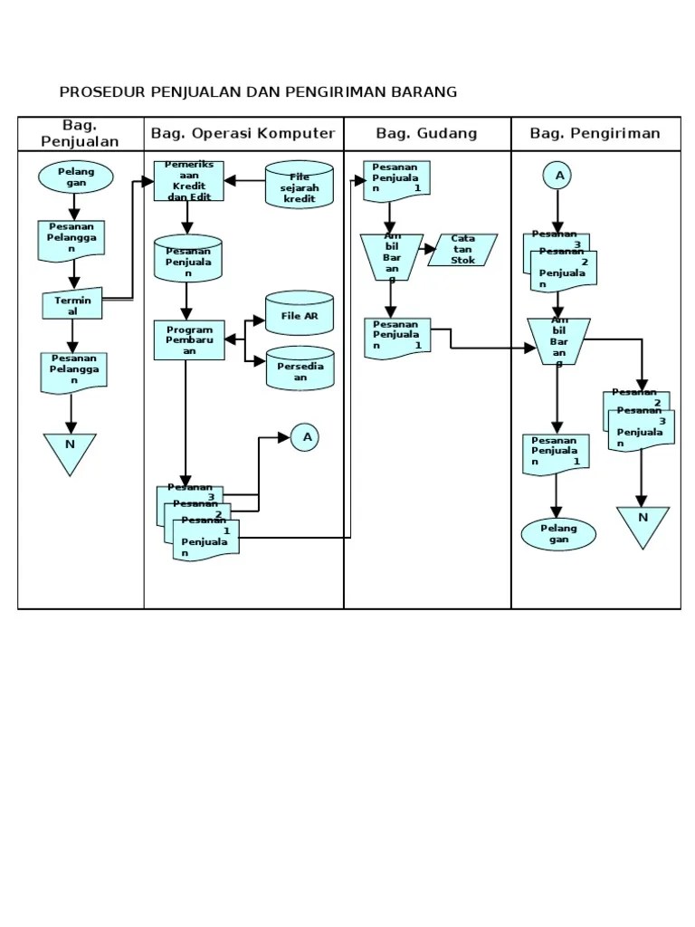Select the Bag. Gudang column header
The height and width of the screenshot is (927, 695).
coord(426,134)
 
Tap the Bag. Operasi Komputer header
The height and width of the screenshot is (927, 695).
coord(243,134)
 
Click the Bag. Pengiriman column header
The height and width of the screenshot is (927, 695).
coord(595,134)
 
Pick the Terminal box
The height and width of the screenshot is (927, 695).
coord(73,305)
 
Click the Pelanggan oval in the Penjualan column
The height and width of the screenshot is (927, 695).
coord(75,177)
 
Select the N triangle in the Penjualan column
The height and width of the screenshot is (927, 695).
coord(70,452)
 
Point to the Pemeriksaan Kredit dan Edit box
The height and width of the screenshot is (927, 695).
coord(188,182)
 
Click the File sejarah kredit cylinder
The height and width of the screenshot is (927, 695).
coord(299,186)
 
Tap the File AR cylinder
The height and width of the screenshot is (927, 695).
coord(299,315)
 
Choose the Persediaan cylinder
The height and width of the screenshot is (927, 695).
coord(299,368)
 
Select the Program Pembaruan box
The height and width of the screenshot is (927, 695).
coord(188,340)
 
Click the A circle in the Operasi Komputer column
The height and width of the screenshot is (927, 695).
coord(307,437)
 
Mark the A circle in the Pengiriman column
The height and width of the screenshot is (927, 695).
coord(558,176)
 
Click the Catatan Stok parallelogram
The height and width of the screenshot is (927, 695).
coord(462,249)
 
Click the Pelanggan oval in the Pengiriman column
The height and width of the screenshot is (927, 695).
coord(558,534)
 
